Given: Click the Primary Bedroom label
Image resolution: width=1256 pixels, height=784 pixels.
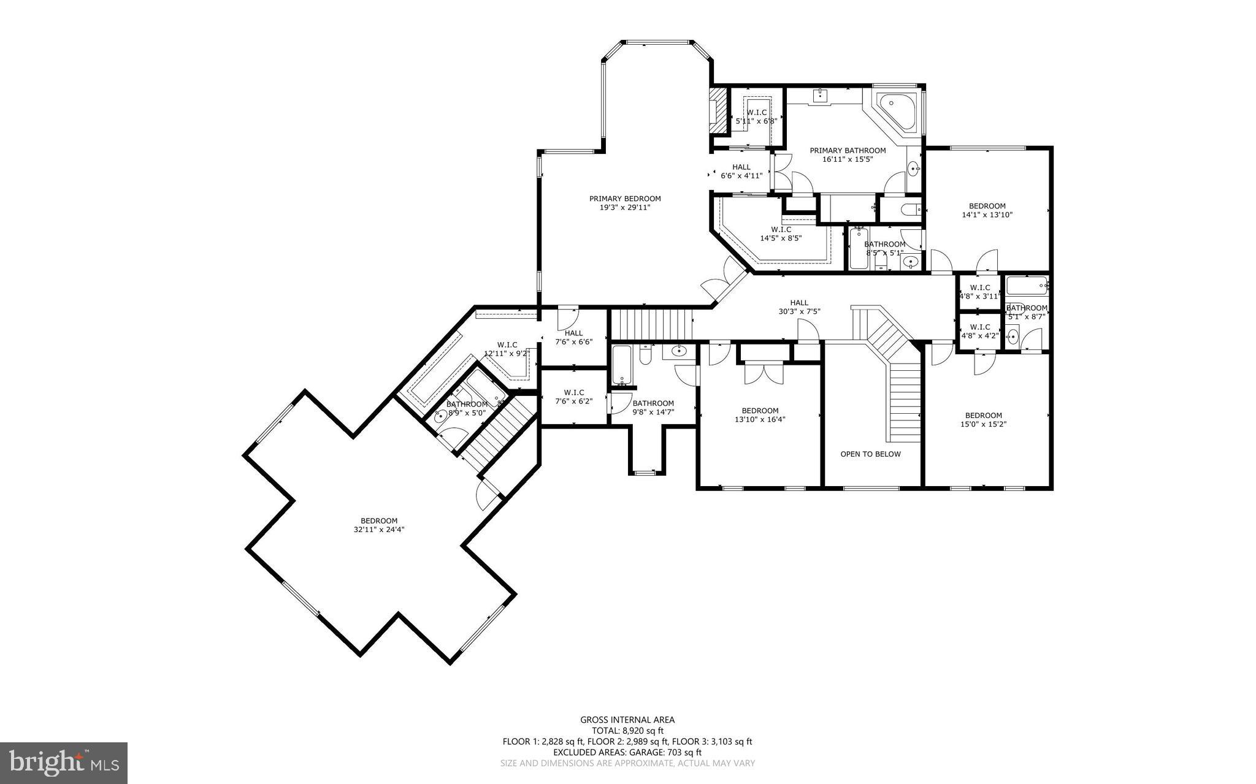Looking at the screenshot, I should (625, 203).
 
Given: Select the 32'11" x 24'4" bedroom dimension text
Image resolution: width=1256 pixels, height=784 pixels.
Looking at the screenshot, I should (379, 530).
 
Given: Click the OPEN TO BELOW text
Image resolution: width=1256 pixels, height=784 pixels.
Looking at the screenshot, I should (870, 454).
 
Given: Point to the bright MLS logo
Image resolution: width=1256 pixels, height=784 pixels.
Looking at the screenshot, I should (64, 763).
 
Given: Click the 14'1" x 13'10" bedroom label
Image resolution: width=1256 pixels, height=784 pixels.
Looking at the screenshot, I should (987, 210).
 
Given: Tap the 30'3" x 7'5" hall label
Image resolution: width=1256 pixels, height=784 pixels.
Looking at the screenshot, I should (799, 306).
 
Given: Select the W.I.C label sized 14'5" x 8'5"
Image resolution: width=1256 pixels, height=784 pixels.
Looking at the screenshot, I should (780, 234).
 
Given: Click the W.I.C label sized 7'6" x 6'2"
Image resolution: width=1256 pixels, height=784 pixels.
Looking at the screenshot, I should (573, 397).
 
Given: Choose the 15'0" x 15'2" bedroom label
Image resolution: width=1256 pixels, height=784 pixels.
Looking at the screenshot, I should (983, 419).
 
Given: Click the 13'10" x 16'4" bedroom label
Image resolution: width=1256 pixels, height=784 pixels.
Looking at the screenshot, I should (760, 415).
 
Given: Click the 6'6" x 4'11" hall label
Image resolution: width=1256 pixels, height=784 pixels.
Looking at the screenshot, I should (741, 171).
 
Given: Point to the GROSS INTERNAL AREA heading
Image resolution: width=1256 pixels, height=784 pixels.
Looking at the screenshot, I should (627, 720).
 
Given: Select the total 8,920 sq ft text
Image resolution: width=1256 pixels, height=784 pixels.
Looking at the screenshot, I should (627, 731).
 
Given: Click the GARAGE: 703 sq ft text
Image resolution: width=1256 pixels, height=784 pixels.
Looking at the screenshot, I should (662, 752).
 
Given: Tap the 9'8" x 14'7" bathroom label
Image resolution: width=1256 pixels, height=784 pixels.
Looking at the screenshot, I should (653, 408).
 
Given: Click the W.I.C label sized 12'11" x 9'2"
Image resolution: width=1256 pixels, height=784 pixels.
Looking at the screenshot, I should (507, 349).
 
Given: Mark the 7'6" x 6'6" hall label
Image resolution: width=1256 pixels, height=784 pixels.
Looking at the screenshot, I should (573, 337).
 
